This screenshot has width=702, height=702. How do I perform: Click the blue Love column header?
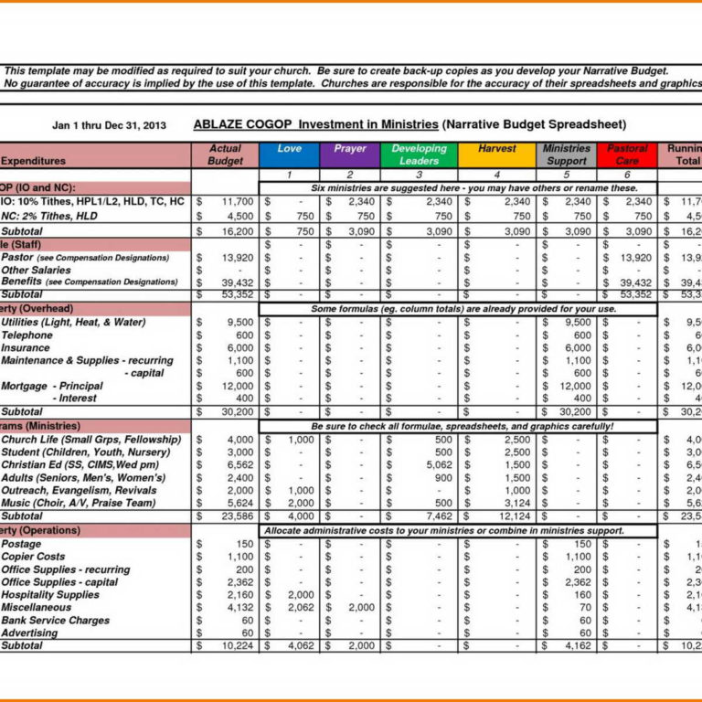click(x=289, y=154)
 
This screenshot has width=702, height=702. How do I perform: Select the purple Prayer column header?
click(x=349, y=154)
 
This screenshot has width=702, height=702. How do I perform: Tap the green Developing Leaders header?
click(x=419, y=154)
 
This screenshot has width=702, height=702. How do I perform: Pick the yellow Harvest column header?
click(x=496, y=154)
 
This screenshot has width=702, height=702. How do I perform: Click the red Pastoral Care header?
click(x=627, y=154)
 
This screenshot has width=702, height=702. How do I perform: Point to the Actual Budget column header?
click(x=225, y=154)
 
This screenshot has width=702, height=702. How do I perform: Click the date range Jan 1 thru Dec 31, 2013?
click(x=109, y=125)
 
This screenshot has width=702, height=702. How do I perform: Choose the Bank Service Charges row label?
click(x=55, y=620)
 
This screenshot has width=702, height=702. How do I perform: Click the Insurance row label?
click(x=26, y=348)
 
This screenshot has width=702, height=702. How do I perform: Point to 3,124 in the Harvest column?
click(x=515, y=503)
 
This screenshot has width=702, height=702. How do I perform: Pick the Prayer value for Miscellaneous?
click(x=361, y=607)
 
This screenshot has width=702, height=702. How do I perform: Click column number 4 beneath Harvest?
click(x=496, y=175)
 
